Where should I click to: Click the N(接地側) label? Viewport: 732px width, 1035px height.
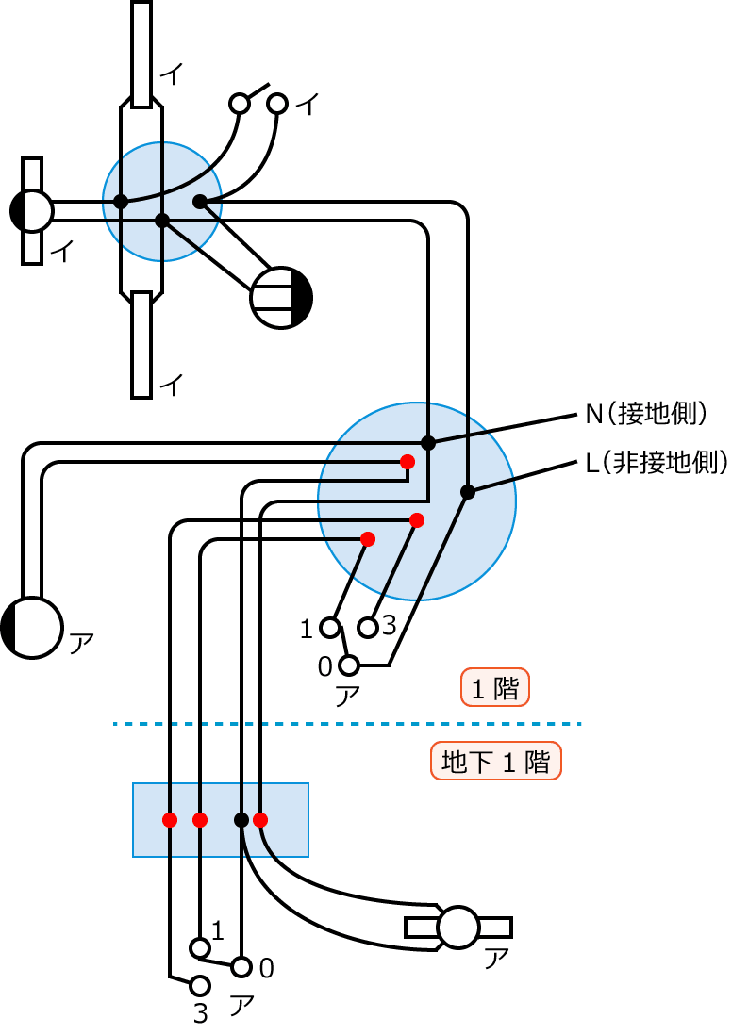(646, 414)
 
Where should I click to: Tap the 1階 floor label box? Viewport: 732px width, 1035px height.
(495, 688)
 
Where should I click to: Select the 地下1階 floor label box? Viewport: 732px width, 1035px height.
(495, 762)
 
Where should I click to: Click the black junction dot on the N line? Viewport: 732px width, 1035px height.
(428, 442)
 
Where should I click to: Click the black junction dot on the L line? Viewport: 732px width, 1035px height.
(467, 491)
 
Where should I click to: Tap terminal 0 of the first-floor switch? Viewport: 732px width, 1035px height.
(349, 666)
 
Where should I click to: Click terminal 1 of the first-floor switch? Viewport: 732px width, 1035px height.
(329, 627)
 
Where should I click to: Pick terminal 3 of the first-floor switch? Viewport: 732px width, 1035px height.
(368, 627)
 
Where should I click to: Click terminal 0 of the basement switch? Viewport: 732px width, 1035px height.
(241, 967)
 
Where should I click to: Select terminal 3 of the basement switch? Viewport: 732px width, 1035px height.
(199, 986)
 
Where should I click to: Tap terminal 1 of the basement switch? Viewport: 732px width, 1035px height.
(199, 947)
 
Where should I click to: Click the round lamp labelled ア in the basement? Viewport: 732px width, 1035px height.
(459, 928)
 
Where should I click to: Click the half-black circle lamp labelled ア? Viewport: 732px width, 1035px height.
(33, 627)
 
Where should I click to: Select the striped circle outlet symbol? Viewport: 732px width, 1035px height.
(281, 298)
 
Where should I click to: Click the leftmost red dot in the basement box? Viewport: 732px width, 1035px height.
(170, 819)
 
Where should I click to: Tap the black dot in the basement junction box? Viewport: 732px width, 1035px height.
(241, 819)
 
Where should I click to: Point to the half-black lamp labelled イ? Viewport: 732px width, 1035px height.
(33, 211)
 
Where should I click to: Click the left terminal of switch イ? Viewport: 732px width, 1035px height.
(240, 103)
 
